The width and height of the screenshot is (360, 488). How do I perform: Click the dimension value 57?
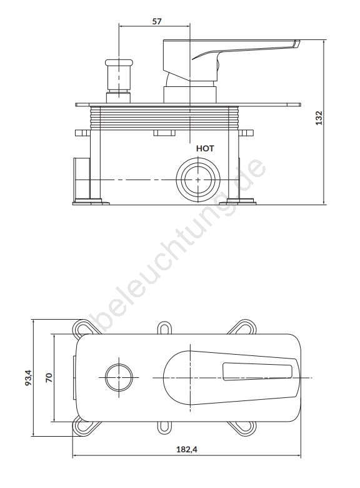(x=157, y=21)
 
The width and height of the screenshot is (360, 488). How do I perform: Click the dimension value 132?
(x=319, y=118)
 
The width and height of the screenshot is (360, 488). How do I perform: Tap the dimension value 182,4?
(x=187, y=449)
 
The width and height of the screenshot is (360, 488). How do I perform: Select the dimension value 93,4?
(x=28, y=377)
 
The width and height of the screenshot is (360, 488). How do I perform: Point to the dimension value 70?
(x=49, y=377)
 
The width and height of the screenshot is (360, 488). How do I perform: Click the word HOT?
(x=205, y=149)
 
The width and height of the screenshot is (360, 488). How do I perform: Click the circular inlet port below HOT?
(x=198, y=180)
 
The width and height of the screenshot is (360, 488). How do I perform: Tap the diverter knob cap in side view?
(x=119, y=62)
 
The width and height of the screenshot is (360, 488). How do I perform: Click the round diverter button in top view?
(x=119, y=377)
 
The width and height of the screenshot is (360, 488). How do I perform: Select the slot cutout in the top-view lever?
(x=257, y=371)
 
